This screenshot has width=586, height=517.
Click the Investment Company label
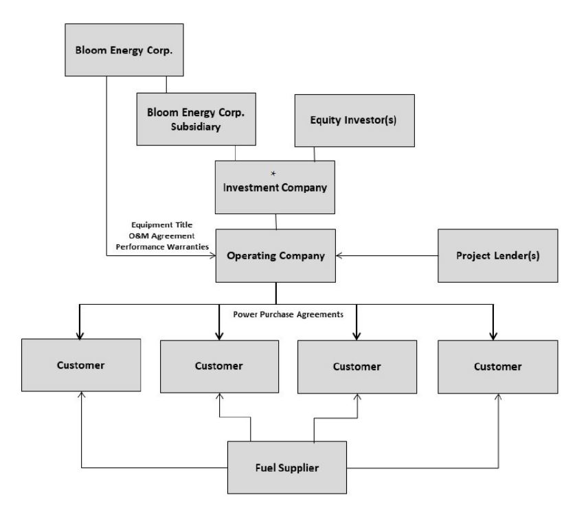pos(275,190)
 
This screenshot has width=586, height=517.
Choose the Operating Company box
pos(276,256)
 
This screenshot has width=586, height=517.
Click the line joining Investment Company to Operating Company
pos(276,221)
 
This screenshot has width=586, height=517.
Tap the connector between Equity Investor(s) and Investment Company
pos(315,154)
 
